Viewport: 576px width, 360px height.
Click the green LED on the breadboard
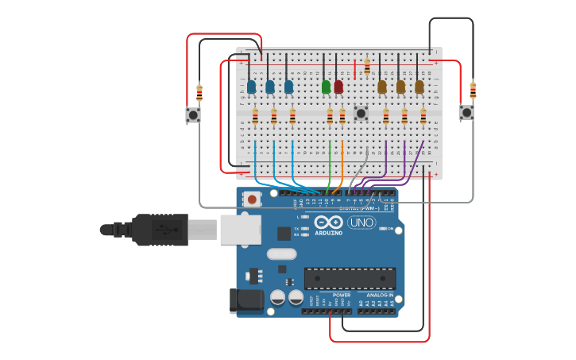326,86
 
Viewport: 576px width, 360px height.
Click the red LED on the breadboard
338,86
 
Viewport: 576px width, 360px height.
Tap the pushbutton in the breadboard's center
361,113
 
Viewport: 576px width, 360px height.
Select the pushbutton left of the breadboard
193,115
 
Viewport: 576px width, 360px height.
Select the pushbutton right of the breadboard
466,112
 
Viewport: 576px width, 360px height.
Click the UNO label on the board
361,223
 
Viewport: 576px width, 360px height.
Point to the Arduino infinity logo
328,223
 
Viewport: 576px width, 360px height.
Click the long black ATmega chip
350,278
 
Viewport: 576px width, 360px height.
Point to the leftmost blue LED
251,86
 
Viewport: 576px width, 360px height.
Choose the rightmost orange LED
419,86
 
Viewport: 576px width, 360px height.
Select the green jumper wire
329,167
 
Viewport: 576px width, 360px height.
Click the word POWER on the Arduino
342,295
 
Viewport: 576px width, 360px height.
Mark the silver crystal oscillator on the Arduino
282,254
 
